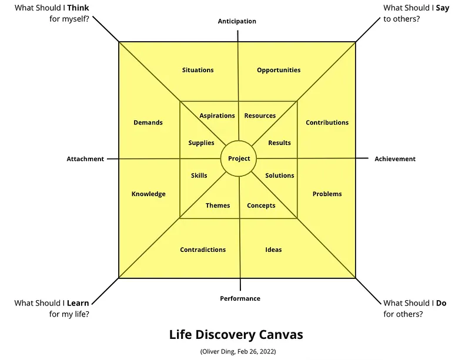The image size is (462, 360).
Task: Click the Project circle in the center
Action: coord(239,159)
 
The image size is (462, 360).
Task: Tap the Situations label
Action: coord(198,70)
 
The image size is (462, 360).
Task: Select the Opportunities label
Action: coord(279,70)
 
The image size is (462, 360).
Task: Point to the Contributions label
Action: coord(327,123)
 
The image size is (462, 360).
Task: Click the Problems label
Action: coord(327,194)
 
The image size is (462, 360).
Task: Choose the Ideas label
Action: coord(273,250)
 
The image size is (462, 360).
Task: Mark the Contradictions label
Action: coord(203,250)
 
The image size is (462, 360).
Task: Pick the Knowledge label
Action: coord(149,194)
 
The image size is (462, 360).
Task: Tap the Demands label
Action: coord(148,123)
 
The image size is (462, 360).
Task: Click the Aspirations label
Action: coord(217,116)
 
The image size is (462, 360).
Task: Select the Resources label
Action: coord(260,116)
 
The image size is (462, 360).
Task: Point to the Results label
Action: coord(279,143)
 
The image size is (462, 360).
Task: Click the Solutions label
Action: coord(280,176)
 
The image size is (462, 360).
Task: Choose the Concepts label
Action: coord(261,206)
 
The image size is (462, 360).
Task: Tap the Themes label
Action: coord(217,206)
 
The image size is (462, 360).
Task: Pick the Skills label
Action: coord(199,176)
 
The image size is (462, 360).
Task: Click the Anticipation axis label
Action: coord(237,21)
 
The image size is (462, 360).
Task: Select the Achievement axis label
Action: coord(395,159)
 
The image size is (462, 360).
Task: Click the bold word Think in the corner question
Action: coord(78,8)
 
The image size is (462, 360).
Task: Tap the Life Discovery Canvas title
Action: coord(236,335)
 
